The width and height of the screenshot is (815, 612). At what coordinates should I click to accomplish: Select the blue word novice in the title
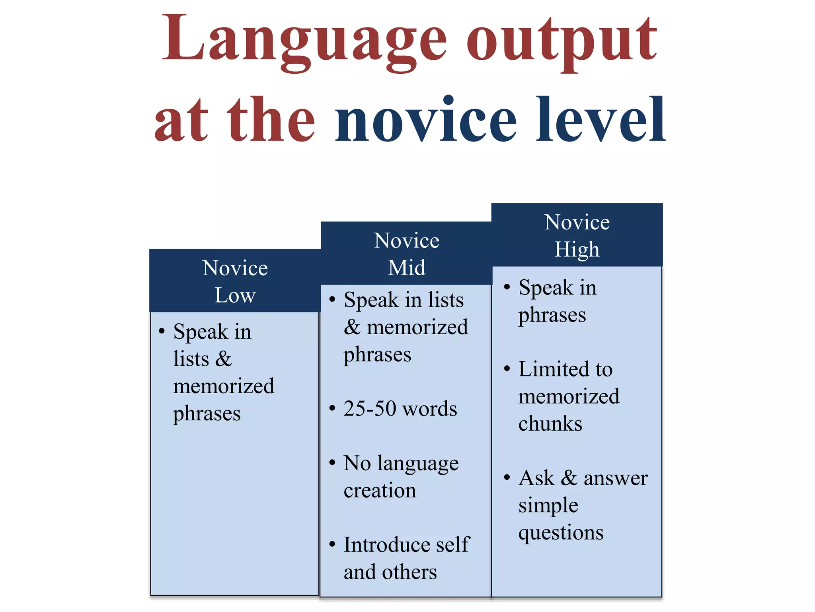click(x=426, y=120)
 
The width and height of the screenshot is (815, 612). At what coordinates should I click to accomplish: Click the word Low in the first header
click(x=235, y=295)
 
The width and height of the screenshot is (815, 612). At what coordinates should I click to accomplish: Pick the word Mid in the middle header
click(x=407, y=267)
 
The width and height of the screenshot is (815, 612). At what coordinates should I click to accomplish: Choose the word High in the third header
click(x=577, y=250)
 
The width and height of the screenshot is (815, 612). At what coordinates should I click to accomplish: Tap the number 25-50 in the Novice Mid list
click(x=370, y=408)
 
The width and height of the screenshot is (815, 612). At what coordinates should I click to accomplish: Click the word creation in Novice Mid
click(x=380, y=490)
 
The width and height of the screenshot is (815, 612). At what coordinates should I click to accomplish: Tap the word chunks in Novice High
click(x=550, y=424)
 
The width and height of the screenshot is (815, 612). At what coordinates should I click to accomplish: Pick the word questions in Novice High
click(x=561, y=533)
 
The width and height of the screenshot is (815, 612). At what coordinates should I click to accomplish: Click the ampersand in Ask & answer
click(x=569, y=478)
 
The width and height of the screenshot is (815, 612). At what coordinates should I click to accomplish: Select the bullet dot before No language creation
click(x=332, y=463)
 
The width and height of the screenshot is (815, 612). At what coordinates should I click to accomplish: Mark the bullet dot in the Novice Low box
click(x=162, y=331)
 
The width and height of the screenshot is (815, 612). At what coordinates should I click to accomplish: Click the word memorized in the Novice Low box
click(x=224, y=386)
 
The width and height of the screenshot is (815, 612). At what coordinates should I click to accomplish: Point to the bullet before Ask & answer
click(x=507, y=477)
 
